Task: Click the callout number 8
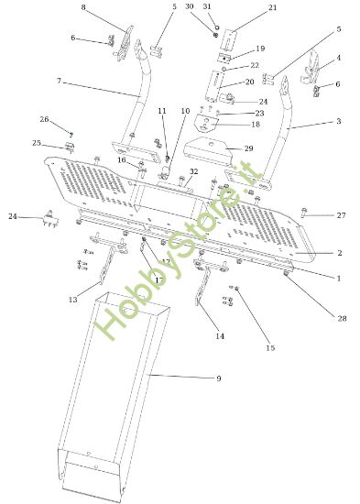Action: pos(83,7)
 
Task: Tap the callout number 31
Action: pos(206,6)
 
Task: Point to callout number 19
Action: pos(260,49)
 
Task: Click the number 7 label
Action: pos(59,82)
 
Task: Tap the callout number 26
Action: pos(43,119)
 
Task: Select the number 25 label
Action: pos(37,143)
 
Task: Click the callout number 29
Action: pos(248,148)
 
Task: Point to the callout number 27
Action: pos(341,215)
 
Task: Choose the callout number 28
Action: pos(342,318)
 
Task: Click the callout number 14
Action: pos(220,336)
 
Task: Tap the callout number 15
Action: pos(269,348)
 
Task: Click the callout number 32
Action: pos(193,171)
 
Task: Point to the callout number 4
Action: pos(337,58)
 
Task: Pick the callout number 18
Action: pos(256,124)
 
